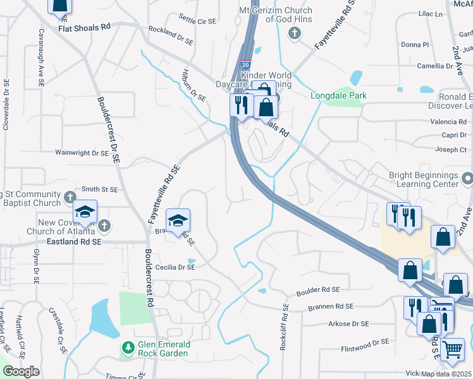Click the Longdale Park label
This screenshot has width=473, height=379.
coord(339,96)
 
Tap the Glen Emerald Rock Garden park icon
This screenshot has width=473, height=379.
coord(128,347)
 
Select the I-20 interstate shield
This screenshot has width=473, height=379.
coord(245,64)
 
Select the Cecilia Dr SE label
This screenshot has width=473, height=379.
coord(170,267)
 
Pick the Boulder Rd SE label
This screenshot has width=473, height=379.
coord(319,289)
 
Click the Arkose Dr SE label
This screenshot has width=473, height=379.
coord(348,324)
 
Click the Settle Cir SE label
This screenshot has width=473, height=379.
coord(198,20)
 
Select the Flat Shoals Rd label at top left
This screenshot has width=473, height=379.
coord(84,28)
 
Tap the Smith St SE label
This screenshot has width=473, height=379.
coord(100,189)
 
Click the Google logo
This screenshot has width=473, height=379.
coord(21,371)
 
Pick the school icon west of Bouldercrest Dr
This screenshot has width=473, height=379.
coord(84,214)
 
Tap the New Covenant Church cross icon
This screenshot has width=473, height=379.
coord(105,225)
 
